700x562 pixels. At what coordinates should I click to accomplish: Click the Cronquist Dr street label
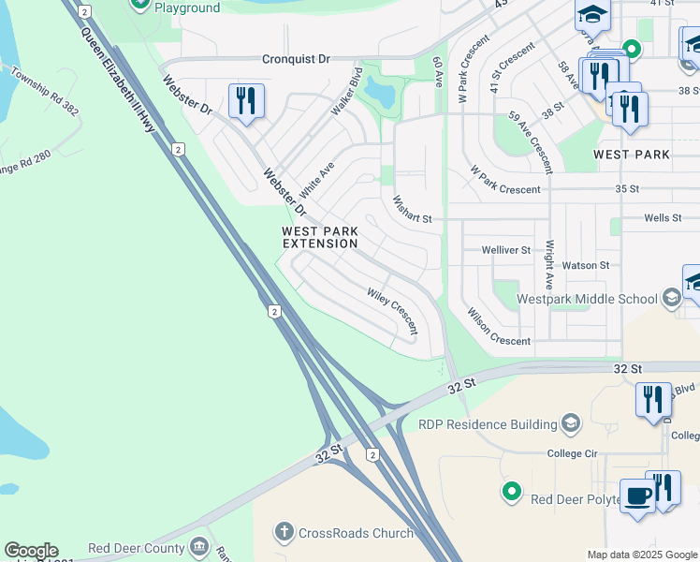(x=296, y=58)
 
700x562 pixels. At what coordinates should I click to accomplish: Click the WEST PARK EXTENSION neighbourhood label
(x=320, y=237)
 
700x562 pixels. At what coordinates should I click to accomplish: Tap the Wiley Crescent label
(x=392, y=312)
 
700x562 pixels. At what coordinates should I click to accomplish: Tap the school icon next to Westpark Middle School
(x=671, y=299)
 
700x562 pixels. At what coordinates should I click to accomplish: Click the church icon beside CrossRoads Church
(x=284, y=533)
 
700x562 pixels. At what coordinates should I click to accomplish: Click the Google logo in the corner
(x=31, y=551)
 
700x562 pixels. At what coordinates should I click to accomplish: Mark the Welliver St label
(x=505, y=250)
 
